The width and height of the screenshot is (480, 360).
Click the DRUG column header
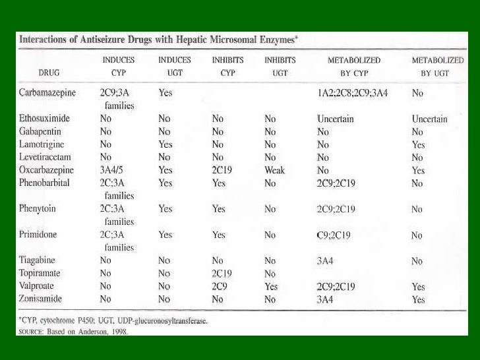click(53, 73)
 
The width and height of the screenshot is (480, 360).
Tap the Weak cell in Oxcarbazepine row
click(274, 170)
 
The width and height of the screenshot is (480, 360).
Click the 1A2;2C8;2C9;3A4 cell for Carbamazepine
click(353, 93)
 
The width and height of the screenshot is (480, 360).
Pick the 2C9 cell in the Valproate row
click(220, 287)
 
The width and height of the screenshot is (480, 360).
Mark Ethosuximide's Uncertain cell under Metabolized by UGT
click(429, 119)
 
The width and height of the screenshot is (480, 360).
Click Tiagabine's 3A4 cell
click(325, 260)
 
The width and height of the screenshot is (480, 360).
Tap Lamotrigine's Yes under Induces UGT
click(165, 144)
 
